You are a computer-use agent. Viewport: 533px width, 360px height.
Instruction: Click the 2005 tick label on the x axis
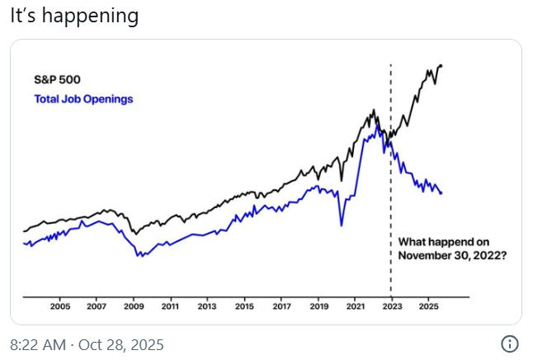point(60,306)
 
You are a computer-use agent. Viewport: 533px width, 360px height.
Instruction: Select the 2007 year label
point(97,306)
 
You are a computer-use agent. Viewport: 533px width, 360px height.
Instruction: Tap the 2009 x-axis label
point(134,306)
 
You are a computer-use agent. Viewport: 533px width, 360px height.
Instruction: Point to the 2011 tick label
point(170,306)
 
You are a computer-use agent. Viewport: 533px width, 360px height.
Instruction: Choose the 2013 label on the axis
point(207,306)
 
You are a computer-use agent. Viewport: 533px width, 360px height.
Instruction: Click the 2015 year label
point(244,306)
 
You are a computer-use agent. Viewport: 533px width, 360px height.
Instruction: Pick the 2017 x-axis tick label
point(281,306)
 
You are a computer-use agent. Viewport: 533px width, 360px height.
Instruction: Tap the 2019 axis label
point(318,306)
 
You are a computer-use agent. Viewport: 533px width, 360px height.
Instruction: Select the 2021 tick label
point(355,306)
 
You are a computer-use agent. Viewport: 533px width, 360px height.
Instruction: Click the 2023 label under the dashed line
point(391,306)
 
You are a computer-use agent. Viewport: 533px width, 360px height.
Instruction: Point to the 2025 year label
point(428,306)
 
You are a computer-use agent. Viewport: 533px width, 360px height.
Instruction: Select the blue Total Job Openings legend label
point(83,99)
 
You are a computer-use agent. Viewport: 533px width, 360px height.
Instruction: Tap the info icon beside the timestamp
point(510,343)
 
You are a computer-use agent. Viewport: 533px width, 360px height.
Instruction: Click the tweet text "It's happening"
point(73,16)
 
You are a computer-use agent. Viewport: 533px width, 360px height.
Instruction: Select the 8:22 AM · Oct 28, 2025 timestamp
point(87,343)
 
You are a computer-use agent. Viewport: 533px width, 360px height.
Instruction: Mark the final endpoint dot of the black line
point(441,65)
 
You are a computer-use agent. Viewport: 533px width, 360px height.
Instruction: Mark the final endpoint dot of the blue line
point(441,193)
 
